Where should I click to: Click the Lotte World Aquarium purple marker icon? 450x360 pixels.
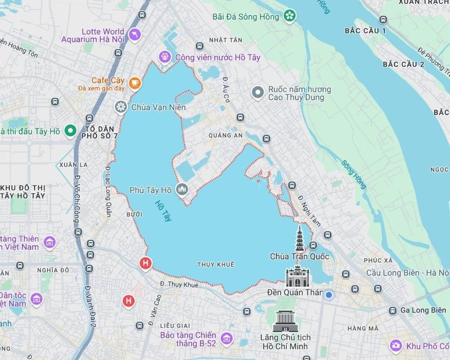134,35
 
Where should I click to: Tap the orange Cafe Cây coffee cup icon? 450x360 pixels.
134,83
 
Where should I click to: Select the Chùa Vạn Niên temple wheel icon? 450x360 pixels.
121,107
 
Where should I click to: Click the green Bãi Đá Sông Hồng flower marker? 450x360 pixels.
290,17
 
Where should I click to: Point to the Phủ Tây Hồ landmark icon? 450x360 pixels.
182,190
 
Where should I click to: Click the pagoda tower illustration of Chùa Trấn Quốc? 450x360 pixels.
300,238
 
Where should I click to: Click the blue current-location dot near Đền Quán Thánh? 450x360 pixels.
329,295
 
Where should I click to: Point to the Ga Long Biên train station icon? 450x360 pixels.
393,310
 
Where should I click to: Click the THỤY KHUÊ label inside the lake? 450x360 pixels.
216,265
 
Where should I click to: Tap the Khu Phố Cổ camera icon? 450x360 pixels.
396,346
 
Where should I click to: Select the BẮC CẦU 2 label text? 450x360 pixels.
403,64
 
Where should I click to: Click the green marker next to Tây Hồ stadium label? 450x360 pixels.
69,131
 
